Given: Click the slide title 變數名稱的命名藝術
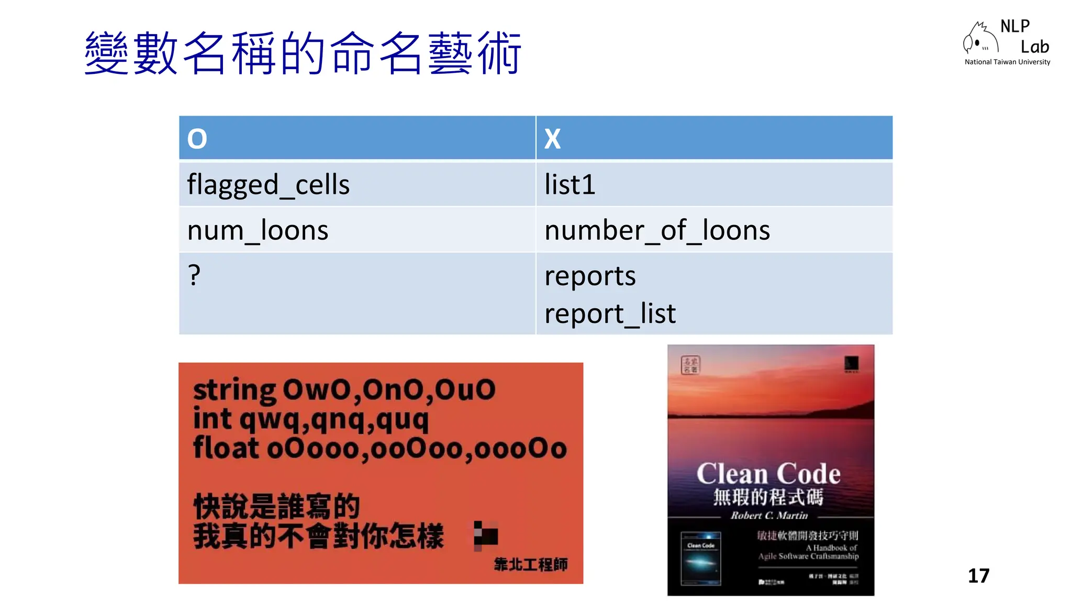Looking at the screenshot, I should (303, 53).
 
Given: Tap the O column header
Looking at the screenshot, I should (197, 139).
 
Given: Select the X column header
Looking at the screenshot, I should (552, 139).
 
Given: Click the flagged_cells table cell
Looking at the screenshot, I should (268, 185).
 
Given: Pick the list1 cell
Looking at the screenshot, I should (569, 185).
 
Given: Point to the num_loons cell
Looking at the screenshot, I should (258, 230).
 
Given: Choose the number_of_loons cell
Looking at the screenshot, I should (657, 230).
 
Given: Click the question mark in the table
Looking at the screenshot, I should (194, 275).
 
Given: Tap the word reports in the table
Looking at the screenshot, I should (590, 276).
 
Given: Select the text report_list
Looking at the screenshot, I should (610, 314).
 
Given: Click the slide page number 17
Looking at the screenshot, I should (978, 576).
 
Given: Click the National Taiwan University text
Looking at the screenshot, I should (1007, 62).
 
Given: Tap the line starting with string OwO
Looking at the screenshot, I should (344, 390).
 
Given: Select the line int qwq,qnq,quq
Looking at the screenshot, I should (311, 419).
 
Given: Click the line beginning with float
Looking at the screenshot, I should (379, 449).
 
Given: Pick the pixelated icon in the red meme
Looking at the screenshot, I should (485, 535).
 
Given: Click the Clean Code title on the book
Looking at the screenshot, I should (768, 474).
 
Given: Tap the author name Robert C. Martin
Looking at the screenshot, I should (769, 516).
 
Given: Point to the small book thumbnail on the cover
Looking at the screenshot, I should (700, 558).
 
